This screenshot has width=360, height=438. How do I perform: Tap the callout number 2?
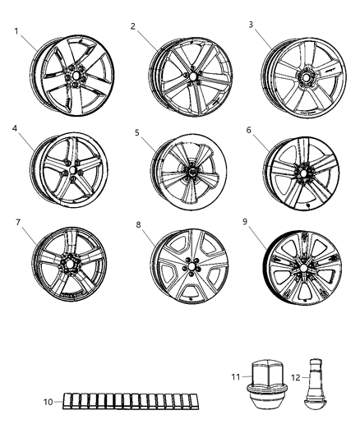132,25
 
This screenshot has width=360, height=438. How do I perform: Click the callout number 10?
48,402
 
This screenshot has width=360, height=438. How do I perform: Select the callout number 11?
235,376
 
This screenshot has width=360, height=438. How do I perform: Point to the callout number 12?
293,376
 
